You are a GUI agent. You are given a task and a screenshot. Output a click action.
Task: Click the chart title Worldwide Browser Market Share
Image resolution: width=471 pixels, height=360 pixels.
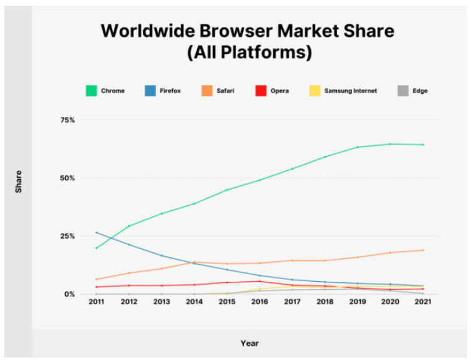click(249, 31)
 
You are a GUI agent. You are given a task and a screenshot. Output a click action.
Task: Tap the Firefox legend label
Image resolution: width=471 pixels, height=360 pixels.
click(169, 91)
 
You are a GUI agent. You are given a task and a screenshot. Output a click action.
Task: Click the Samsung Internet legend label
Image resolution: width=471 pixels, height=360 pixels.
click(350, 91)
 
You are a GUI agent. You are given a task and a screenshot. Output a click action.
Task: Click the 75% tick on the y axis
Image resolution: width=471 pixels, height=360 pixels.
click(67, 120)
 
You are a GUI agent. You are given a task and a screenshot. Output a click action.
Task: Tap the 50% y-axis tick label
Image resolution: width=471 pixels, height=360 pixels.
click(67, 178)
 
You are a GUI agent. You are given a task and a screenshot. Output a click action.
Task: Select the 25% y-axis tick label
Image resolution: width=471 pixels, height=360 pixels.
click(67, 236)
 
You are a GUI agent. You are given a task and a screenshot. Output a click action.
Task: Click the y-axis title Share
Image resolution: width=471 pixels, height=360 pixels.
click(19, 181)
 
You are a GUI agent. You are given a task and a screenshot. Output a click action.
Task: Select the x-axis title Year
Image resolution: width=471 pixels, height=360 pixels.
click(249, 343)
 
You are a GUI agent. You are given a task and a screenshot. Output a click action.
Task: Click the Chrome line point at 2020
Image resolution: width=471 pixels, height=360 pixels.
click(390, 144)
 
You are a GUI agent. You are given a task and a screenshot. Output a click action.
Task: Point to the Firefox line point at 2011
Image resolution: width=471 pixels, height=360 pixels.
click(96, 232)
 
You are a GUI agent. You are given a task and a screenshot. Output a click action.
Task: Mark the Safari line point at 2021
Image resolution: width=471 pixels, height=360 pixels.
click(423, 250)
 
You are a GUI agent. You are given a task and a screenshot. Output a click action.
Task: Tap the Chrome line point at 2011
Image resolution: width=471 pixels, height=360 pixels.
click(96, 248)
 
